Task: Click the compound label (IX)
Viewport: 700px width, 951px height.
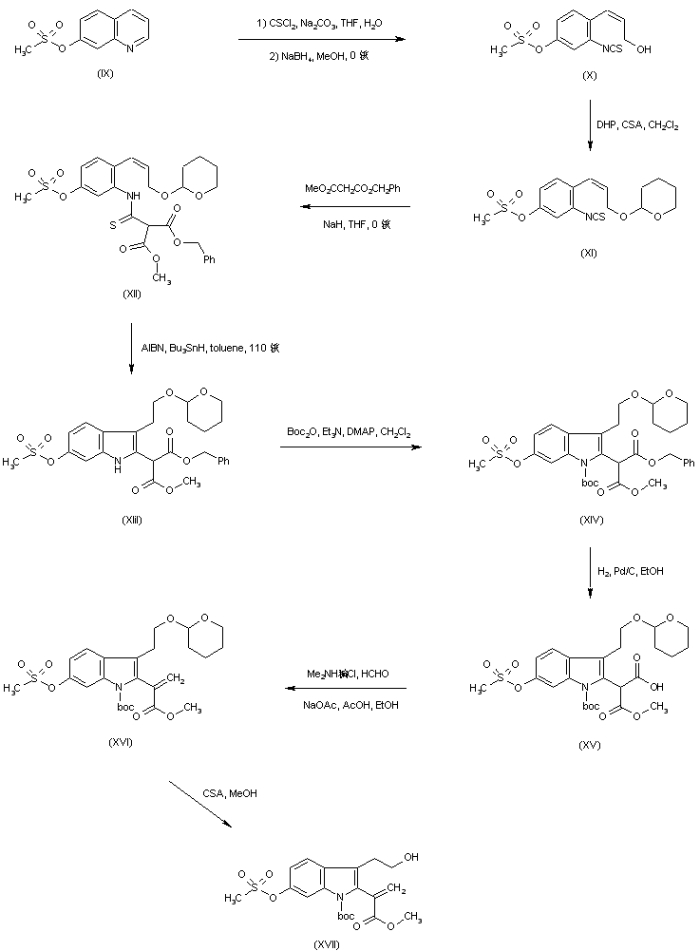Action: [x=104, y=74]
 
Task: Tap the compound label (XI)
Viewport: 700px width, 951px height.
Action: [x=590, y=252]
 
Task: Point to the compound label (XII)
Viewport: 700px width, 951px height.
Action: [x=132, y=295]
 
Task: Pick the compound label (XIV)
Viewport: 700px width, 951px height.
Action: [x=590, y=521]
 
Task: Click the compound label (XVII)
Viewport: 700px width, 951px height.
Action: [x=326, y=943]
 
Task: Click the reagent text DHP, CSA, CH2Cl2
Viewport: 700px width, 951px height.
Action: [x=636, y=124]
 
